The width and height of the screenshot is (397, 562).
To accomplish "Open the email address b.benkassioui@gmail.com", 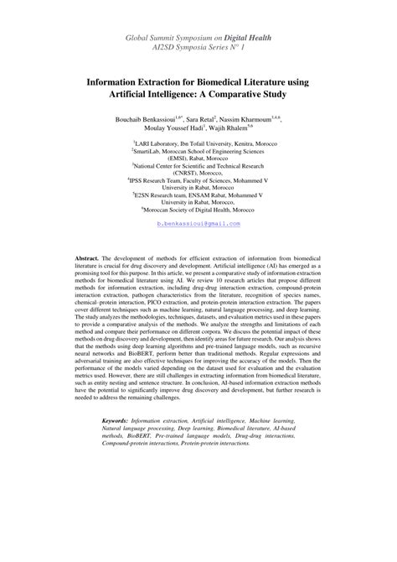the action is (x=198, y=248).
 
